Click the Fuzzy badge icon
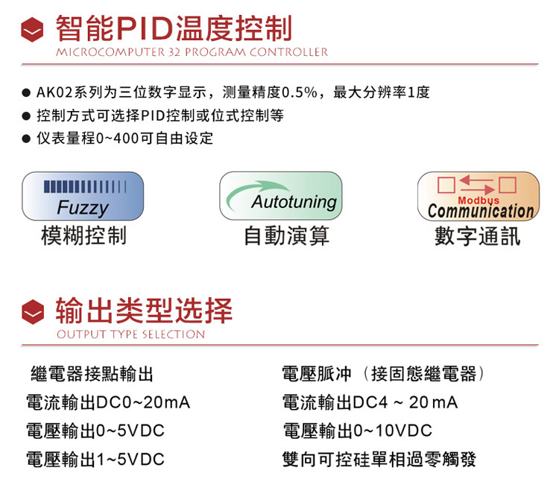tap(83, 196)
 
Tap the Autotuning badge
tap(280, 196)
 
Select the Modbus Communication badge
tap(479, 196)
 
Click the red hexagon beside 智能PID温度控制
tap(32, 30)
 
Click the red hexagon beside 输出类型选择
tap(33, 311)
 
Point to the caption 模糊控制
tap(83, 235)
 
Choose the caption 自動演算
tap(286, 235)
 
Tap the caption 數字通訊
tap(477, 236)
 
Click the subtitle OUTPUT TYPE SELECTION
tap(131, 335)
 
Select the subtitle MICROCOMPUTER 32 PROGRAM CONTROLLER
tap(192, 52)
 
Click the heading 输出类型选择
tap(144, 311)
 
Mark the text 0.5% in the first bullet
tap(299, 92)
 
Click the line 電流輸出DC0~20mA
tap(108, 402)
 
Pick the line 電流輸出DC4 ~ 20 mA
tap(370, 402)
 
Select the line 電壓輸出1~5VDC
tap(95, 459)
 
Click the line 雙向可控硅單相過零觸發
tap(379, 459)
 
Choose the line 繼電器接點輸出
tap(92, 374)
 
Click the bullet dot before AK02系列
tap(26, 93)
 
